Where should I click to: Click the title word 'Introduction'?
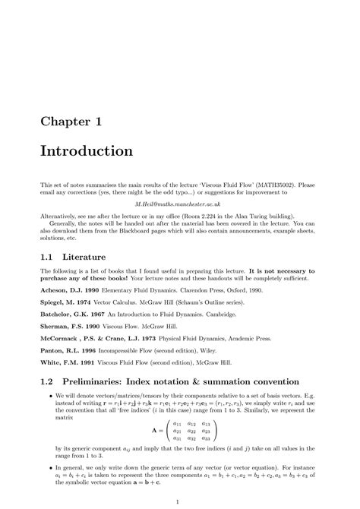click(87, 151)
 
